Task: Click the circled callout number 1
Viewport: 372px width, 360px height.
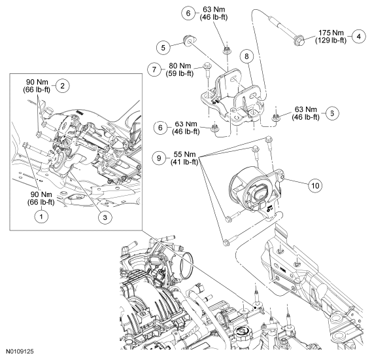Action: pyautogui.click(x=41, y=217)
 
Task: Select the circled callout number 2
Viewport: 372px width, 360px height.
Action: pyautogui.click(x=63, y=86)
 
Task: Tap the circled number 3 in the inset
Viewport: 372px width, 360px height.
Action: pyautogui.click(x=105, y=217)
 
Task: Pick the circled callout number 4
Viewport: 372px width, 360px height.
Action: pyautogui.click(x=359, y=37)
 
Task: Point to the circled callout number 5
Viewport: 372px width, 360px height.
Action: pyautogui.click(x=163, y=48)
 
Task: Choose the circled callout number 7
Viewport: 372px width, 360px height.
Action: pyautogui.click(x=154, y=69)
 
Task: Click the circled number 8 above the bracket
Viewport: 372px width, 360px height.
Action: pyautogui.click(x=246, y=56)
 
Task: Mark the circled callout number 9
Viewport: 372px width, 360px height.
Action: pyautogui.click(x=159, y=158)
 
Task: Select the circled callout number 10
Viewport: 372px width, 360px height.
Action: pyautogui.click(x=315, y=185)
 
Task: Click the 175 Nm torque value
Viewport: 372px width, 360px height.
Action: pyautogui.click(x=331, y=33)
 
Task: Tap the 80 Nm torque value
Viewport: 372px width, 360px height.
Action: pyautogui.click(x=180, y=65)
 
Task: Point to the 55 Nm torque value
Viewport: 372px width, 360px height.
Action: pyautogui.click(x=184, y=154)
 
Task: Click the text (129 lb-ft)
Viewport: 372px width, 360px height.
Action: pyautogui.click(x=331, y=41)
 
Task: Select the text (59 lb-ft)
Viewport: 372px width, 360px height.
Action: pyautogui.click(x=180, y=73)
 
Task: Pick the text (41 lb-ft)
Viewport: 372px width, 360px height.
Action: pyautogui.click(x=184, y=162)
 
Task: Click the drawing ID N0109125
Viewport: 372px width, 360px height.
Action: pyautogui.click(x=20, y=351)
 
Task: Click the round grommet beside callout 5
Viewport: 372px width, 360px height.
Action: pyautogui.click(x=190, y=40)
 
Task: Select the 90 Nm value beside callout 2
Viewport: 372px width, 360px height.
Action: pyautogui.click(x=37, y=82)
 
